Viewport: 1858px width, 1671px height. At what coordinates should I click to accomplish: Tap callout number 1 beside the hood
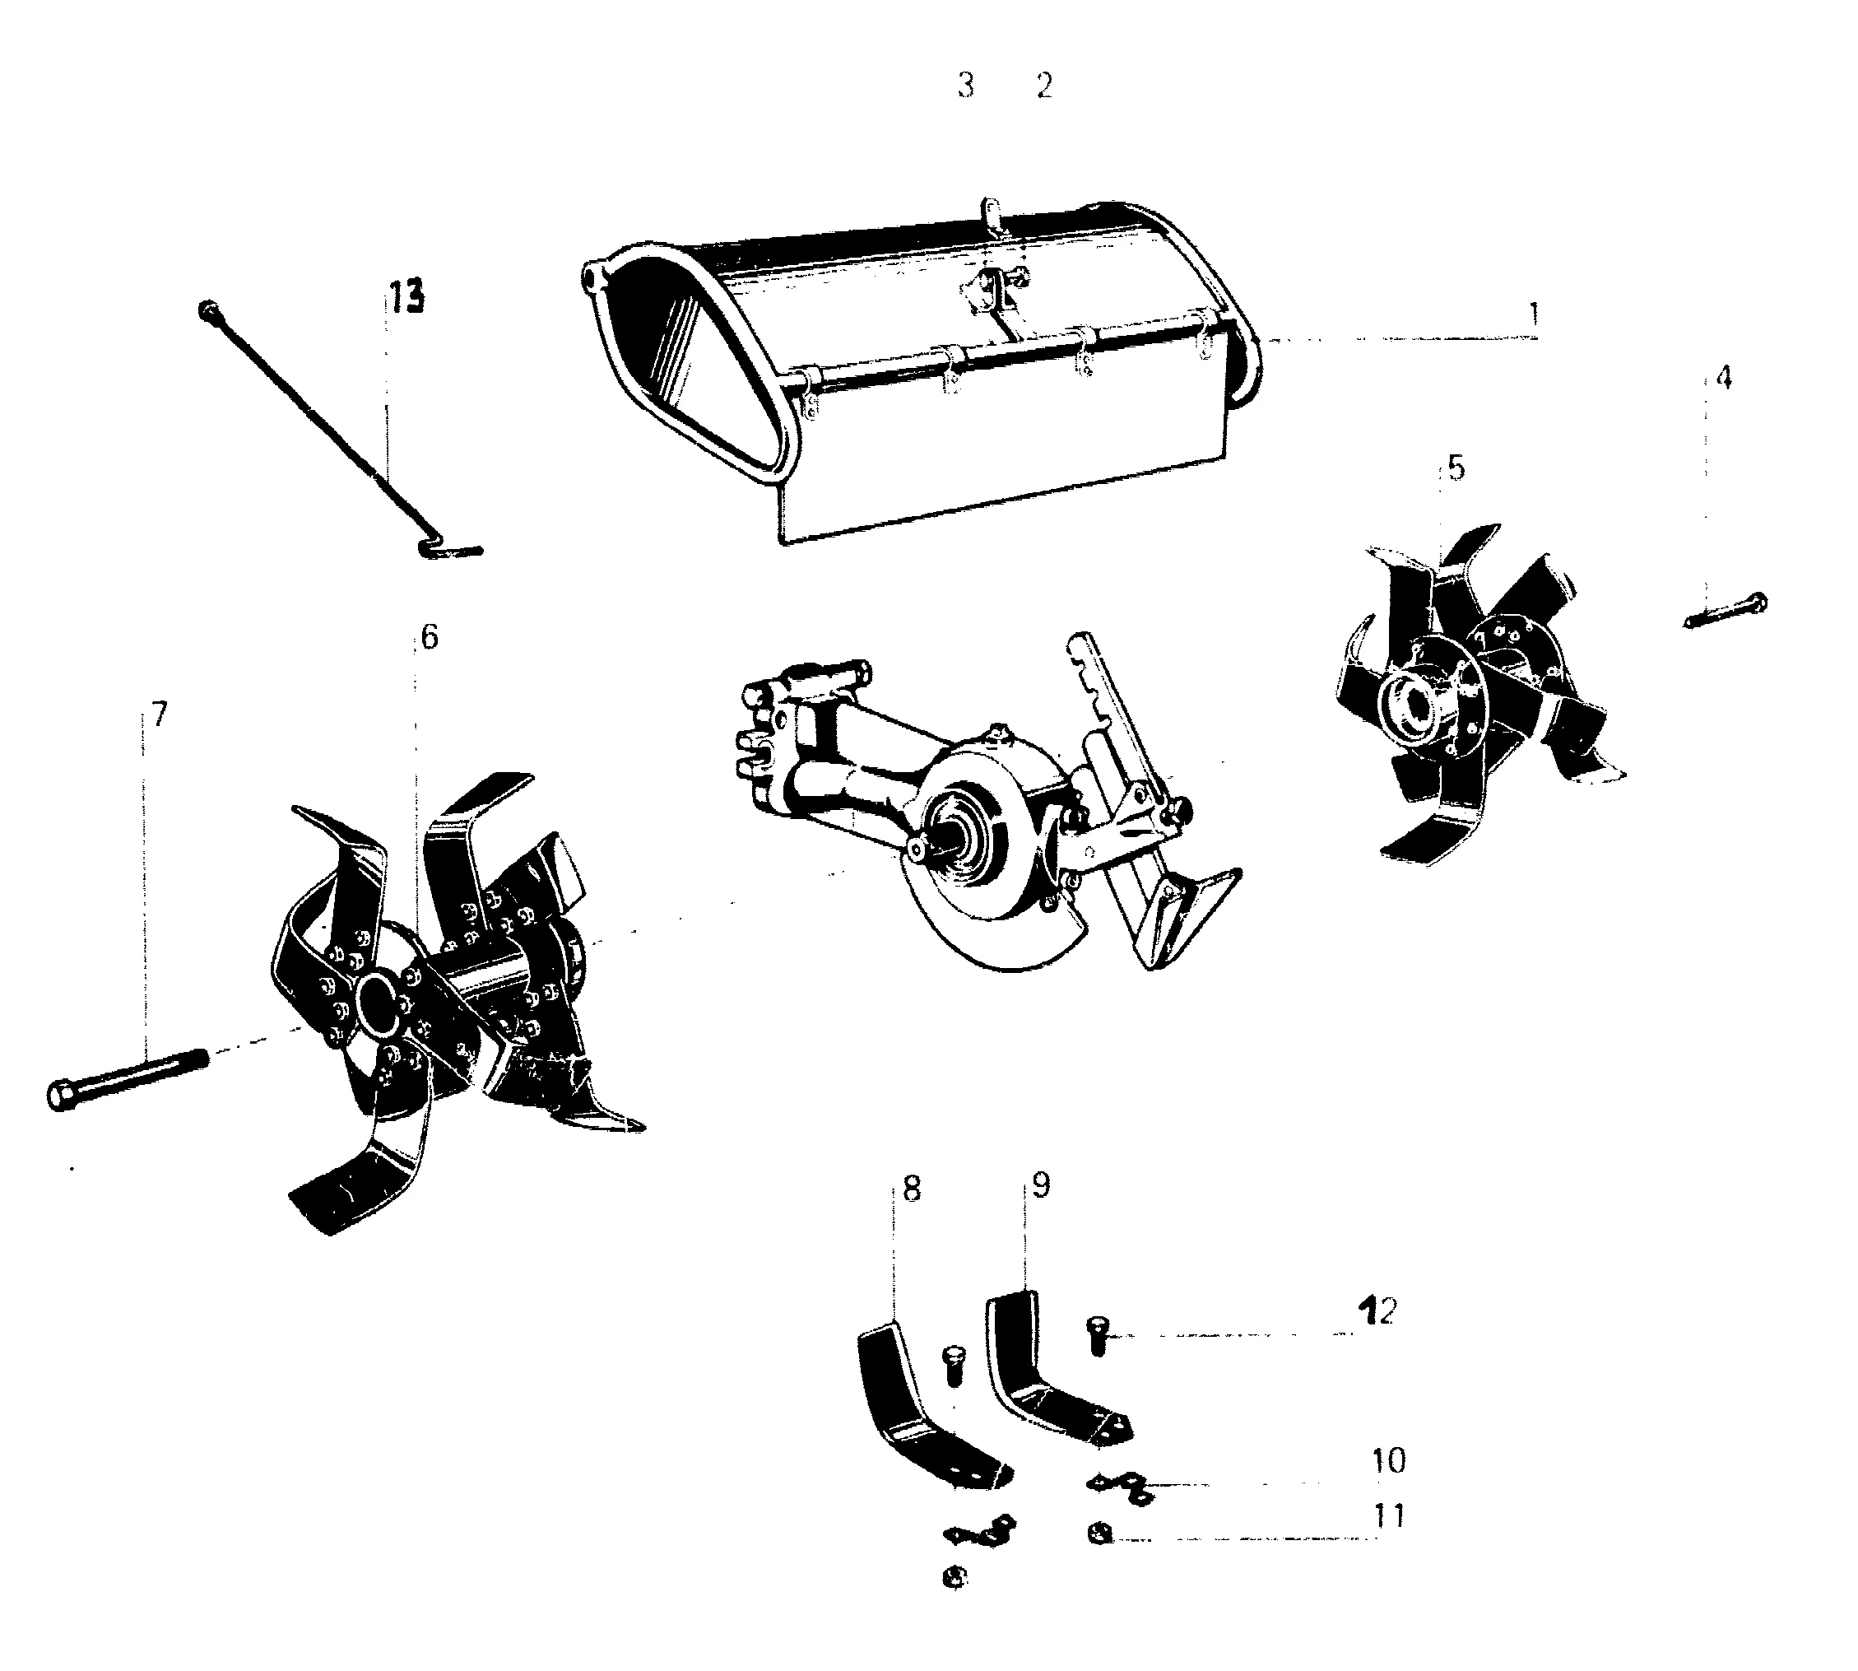tap(1533, 315)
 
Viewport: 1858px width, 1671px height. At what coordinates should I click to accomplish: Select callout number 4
tap(1723, 377)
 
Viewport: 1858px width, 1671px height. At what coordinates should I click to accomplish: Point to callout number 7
tap(160, 714)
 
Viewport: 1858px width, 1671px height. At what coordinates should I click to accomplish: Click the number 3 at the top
tap(965, 86)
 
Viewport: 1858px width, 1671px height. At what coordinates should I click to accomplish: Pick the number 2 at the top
tap(1043, 86)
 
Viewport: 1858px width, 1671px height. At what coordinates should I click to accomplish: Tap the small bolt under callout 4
tap(1726, 610)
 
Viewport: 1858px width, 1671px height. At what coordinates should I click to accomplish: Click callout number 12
tap(1379, 1312)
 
